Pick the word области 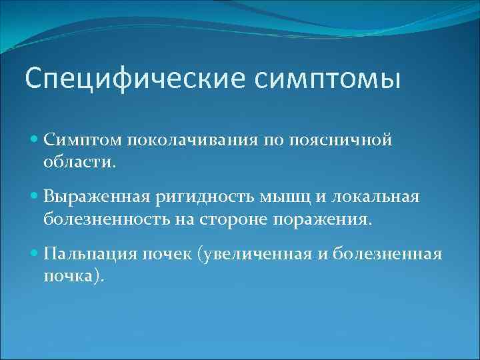click(79, 161)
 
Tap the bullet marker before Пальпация click(35, 254)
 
